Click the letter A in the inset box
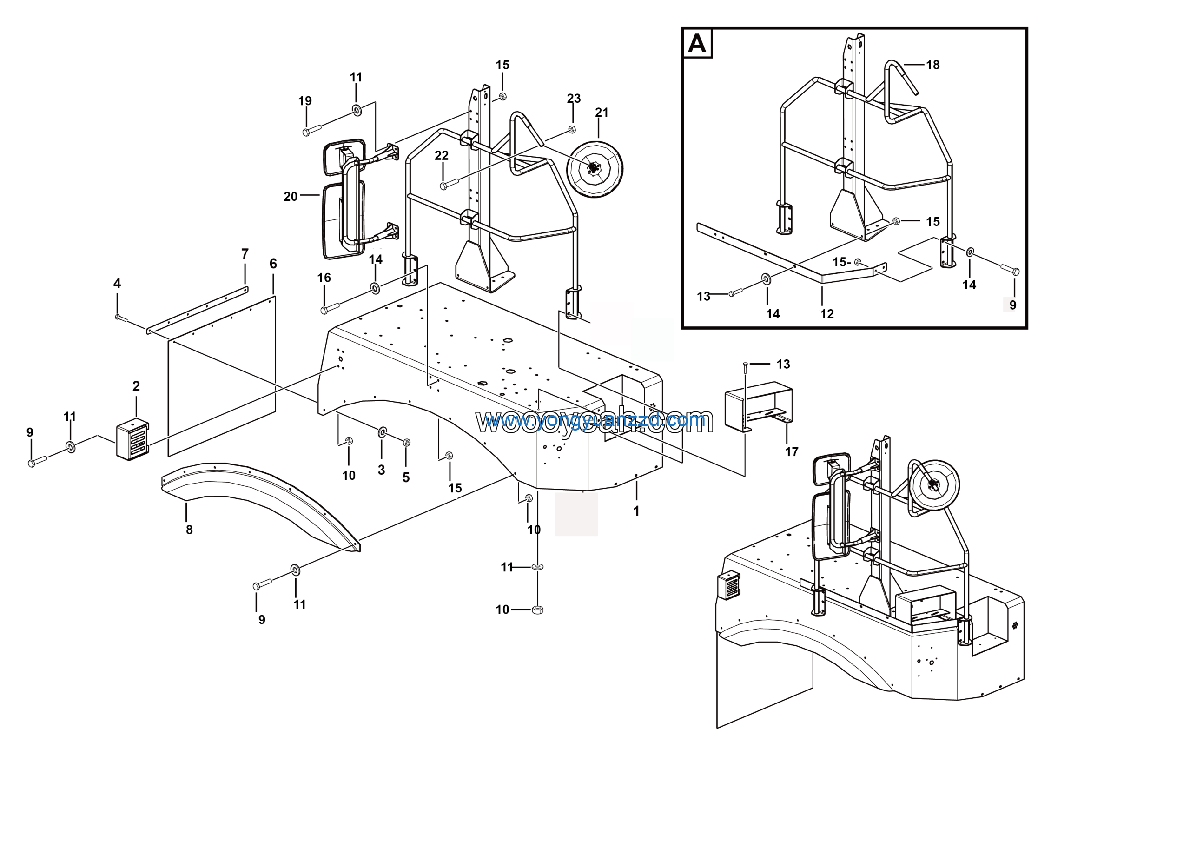point(697,44)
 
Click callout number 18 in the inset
point(932,65)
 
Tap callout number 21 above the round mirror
point(601,113)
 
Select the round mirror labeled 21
point(595,168)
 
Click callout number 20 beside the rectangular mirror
point(290,197)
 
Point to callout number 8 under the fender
point(189,530)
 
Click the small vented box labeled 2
point(132,440)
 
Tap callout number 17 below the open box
point(791,451)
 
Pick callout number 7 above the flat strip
point(245,254)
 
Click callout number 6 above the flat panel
point(273,264)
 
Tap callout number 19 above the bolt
point(305,100)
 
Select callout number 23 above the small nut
point(573,99)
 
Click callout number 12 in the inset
point(826,314)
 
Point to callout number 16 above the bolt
point(324,278)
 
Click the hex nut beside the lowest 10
point(537,610)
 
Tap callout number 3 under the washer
point(381,470)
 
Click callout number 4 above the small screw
point(117,283)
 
